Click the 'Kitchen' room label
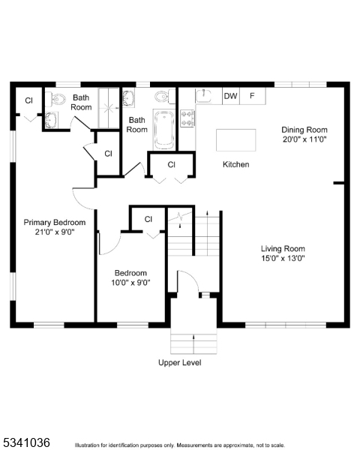[235, 164]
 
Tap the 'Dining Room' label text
[304, 129]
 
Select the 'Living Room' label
[283, 248]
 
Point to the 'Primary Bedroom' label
[54, 222]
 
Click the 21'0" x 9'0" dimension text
[54, 232]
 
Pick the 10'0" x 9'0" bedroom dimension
[130, 283]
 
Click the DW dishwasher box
[230, 96]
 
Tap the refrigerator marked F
[253, 96]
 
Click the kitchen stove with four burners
[187, 118]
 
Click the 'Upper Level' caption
[179, 363]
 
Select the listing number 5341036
[26, 442]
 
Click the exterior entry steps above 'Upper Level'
[193, 342]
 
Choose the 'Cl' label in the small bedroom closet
[148, 219]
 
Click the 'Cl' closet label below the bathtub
[171, 164]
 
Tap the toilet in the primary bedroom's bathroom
[58, 98]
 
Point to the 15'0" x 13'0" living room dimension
[283, 259]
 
